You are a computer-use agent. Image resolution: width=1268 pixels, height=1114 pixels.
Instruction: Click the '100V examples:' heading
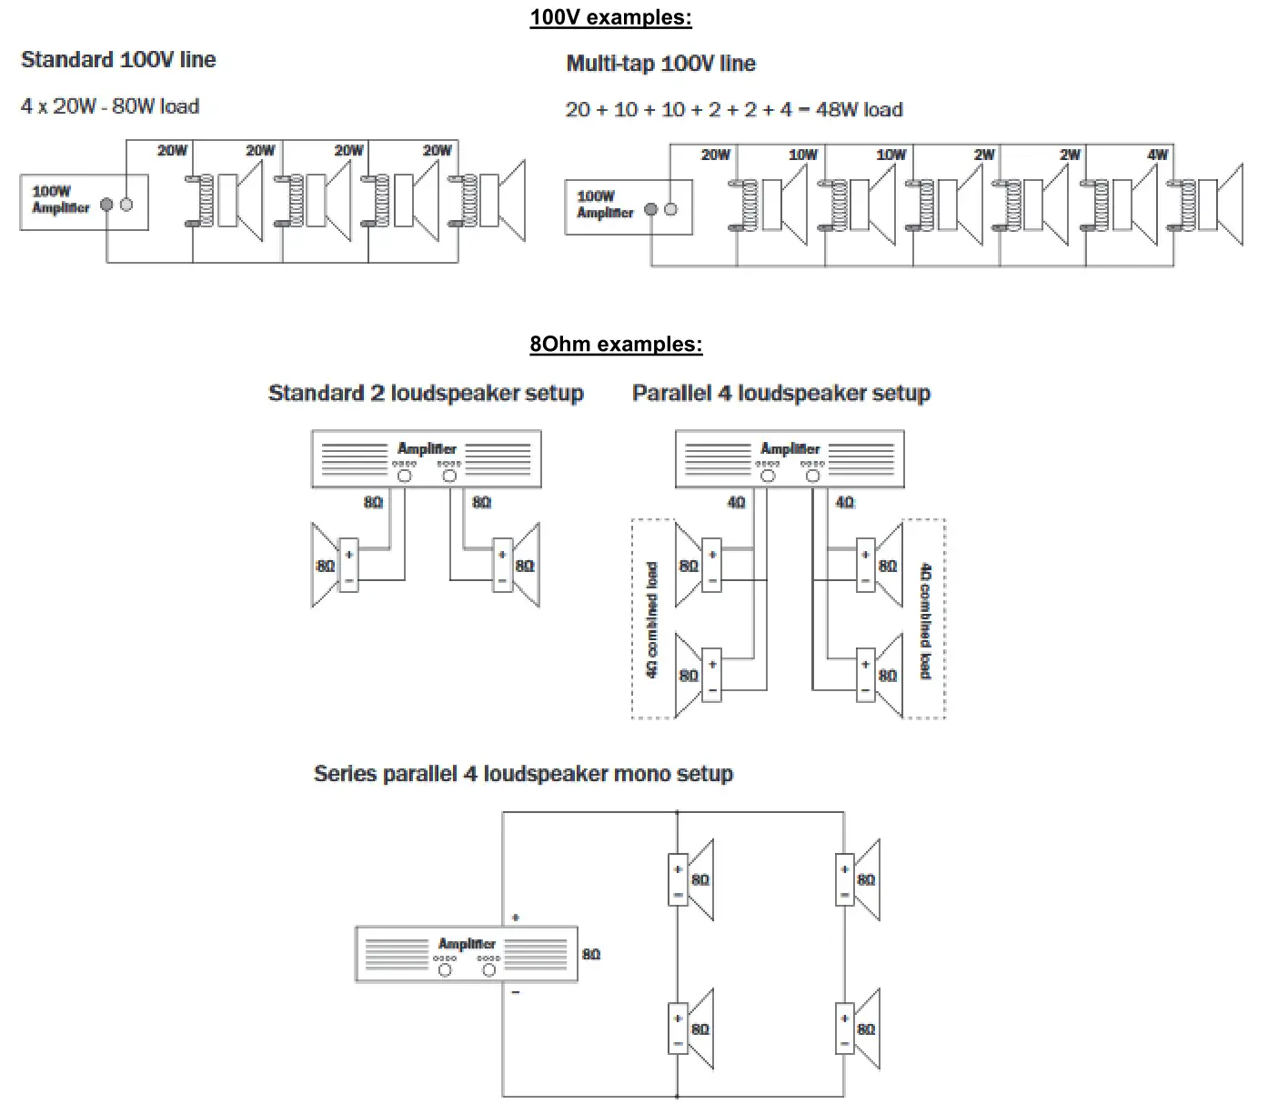pos(610,17)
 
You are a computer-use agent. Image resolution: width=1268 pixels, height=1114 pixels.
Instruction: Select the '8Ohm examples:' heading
pos(616,344)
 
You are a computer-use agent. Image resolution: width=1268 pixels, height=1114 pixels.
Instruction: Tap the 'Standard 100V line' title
pos(118,60)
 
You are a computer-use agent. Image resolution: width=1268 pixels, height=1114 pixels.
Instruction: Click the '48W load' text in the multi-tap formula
pos(859,110)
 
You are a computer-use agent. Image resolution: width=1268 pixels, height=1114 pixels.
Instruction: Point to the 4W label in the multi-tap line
pos(1157,155)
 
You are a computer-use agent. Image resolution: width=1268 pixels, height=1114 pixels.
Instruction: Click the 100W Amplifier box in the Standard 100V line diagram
pos(84,202)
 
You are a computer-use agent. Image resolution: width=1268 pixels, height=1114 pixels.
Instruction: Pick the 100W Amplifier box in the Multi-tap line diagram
pos(629,207)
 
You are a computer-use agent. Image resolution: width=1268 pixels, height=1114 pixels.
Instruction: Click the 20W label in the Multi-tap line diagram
pos(715,155)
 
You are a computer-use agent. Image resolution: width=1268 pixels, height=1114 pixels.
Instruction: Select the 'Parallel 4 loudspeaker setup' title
pos(780,393)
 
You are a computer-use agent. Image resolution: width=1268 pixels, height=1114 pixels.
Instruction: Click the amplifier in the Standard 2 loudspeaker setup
pos(426,459)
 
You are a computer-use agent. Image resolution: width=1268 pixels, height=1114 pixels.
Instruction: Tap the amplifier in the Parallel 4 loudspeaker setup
pos(790,459)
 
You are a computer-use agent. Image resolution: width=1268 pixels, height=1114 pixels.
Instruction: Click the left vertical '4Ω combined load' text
pos(651,619)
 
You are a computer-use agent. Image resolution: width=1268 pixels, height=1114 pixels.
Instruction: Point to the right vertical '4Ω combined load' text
pos(925,620)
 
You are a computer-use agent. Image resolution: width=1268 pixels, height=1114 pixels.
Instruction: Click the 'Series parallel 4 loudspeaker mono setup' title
pos(523,774)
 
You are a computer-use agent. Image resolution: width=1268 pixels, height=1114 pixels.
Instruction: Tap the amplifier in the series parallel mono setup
pos(466,954)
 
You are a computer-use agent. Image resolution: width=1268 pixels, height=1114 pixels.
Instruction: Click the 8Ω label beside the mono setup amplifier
pos(591,954)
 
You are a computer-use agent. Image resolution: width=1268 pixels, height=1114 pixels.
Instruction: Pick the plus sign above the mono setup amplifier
pos(516,918)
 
